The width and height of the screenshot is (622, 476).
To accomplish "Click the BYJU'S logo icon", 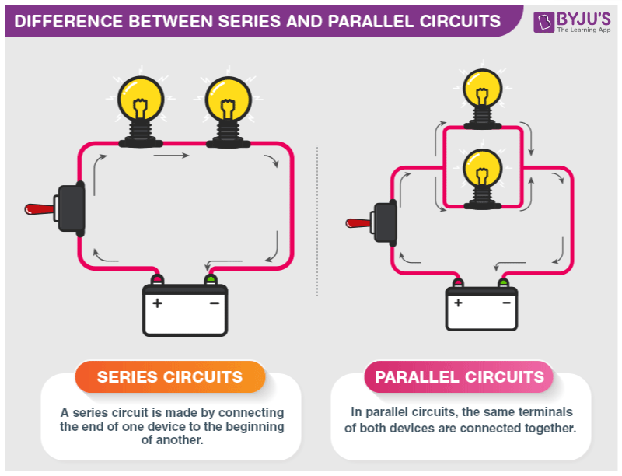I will [x=544, y=21].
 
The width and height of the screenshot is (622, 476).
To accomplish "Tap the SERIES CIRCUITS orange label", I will [x=169, y=377].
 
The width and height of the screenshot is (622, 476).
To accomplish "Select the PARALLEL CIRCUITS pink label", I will [x=460, y=377].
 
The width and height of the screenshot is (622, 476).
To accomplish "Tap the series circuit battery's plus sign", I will [x=158, y=303].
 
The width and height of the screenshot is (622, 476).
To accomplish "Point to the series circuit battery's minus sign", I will [x=214, y=303].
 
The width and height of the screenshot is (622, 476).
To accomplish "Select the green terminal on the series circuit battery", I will [x=210, y=278].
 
